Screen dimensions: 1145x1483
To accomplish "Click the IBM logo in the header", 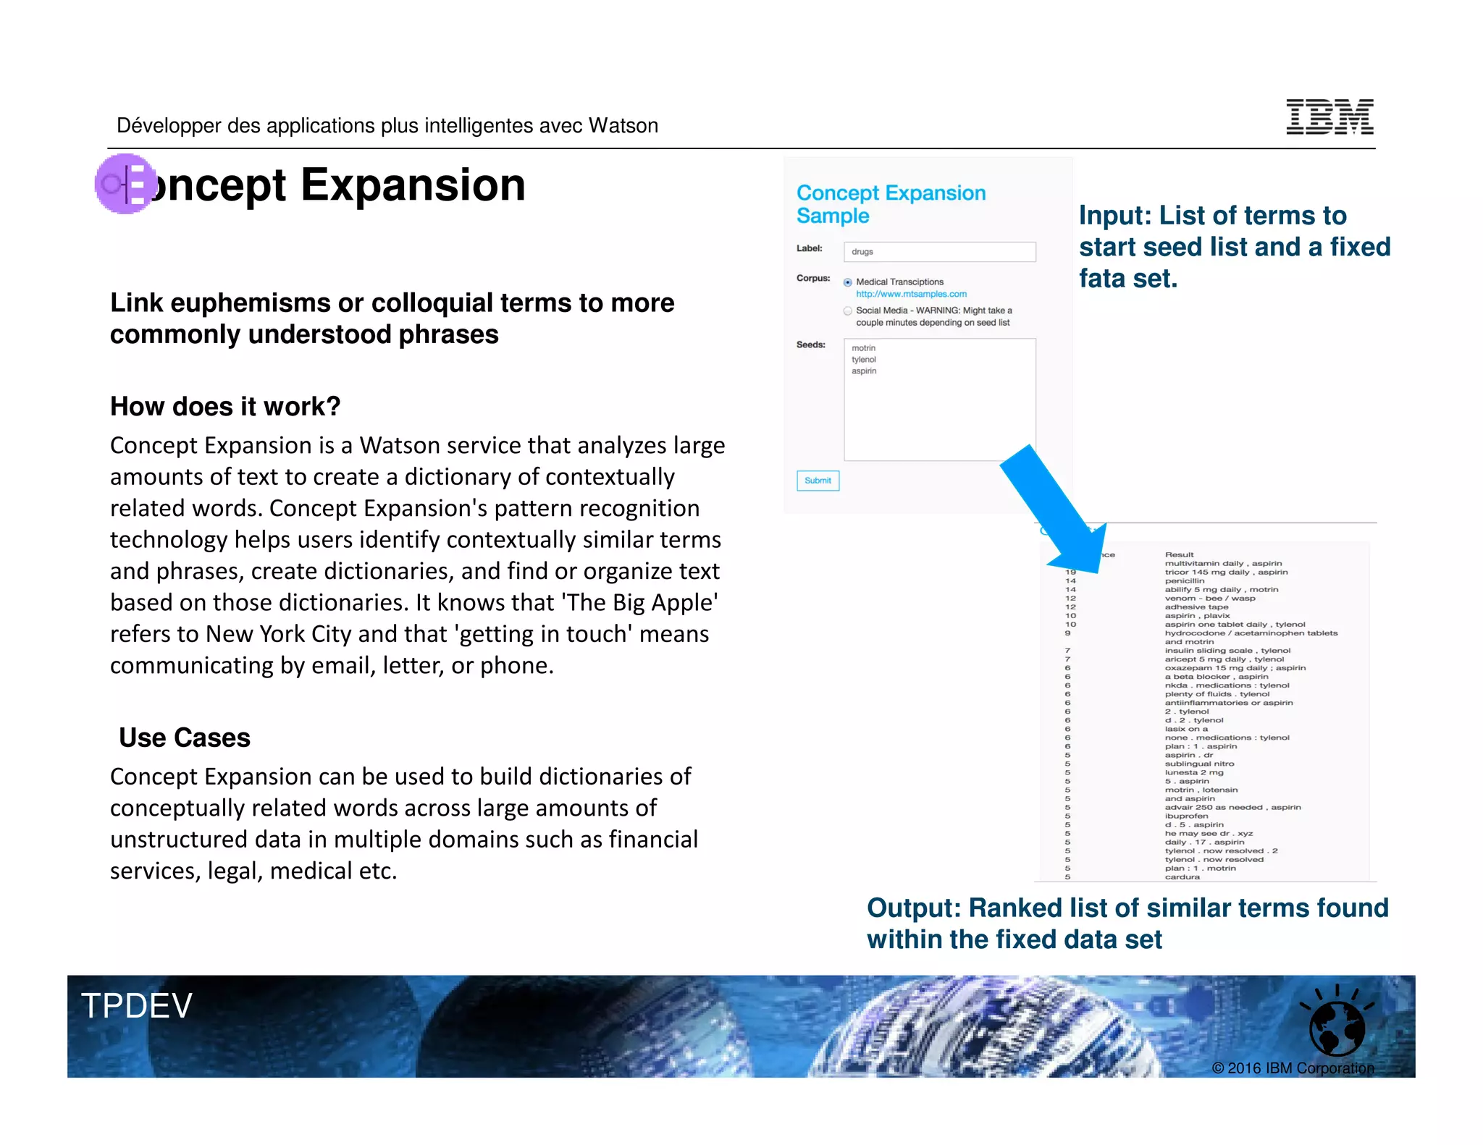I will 1329,117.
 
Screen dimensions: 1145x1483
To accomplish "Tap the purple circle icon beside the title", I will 125,184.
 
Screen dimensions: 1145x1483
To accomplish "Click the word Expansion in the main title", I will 413,185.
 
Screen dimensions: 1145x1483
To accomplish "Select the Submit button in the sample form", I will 818,481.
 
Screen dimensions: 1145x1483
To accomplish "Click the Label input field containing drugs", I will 939,252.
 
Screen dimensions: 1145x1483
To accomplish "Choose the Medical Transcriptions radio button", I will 847,282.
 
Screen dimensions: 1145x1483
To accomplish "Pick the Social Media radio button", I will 847,311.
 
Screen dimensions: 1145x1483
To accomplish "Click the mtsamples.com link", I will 911,294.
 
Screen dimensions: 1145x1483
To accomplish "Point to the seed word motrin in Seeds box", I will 863,348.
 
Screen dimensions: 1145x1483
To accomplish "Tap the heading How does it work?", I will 225,407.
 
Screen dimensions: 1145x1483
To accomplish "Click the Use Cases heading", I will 185,738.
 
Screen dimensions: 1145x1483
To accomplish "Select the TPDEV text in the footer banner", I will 136,1006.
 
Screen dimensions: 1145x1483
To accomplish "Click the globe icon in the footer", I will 1337,1028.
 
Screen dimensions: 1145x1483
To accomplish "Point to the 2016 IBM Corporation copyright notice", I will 1293,1068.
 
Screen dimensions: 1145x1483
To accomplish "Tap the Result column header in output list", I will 1179,554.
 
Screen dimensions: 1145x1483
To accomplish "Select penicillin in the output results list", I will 1185,580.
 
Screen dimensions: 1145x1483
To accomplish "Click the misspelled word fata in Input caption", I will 1101,279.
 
